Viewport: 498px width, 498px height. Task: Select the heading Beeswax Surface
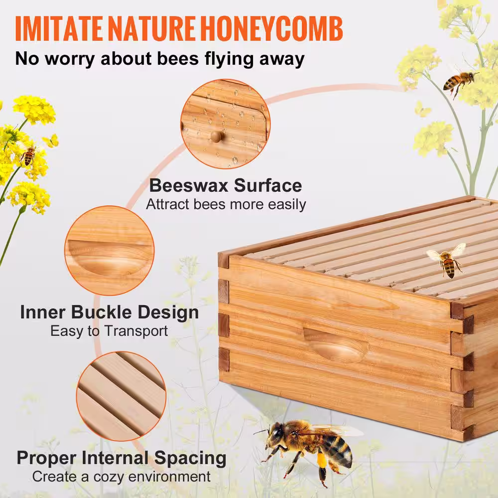pyautogui.click(x=226, y=186)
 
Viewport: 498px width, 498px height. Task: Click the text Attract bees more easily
pyautogui.click(x=226, y=204)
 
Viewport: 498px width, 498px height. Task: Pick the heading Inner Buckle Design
pyautogui.click(x=110, y=313)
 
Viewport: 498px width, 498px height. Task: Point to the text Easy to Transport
pyautogui.click(x=110, y=331)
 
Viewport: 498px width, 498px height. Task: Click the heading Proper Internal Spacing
pyautogui.click(x=122, y=458)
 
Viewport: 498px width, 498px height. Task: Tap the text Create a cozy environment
pyautogui.click(x=122, y=477)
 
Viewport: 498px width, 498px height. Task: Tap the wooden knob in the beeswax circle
pyautogui.click(x=215, y=135)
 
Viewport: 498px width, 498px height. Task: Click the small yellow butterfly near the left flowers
pyautogui.click(x=51, y=141)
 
